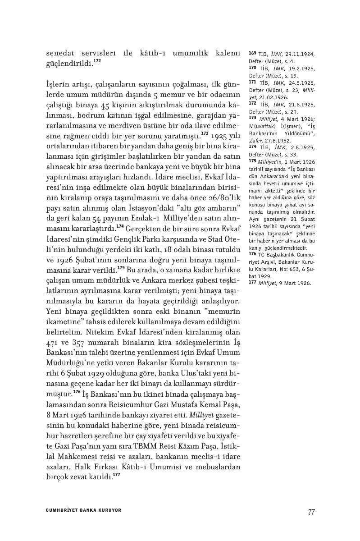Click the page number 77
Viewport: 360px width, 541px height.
pos(311,511)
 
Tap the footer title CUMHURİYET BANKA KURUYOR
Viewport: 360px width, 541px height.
pos(84,510)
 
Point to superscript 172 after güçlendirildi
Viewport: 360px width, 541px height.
pos(97,60)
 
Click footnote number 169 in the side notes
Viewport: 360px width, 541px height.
pos(252,53)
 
